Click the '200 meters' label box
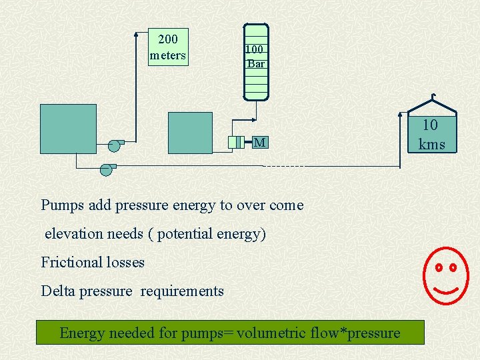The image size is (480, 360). pos(168,47)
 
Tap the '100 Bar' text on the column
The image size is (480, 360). pos(255,57)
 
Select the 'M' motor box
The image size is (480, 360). pos(260,142)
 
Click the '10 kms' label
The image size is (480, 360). pos(431,134)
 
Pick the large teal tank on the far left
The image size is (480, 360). pos(68,129)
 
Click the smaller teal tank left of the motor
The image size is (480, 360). pos(190,133)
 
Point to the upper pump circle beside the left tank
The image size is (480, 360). pos(114,145)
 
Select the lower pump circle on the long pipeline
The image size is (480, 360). pos(106,169)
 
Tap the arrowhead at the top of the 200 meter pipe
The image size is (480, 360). pos(135,32)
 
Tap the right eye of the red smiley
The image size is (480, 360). pos(453,267)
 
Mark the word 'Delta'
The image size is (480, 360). pos(58,291)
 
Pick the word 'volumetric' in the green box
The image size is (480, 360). pos(270,333)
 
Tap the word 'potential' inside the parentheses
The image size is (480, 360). pos(189,234)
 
